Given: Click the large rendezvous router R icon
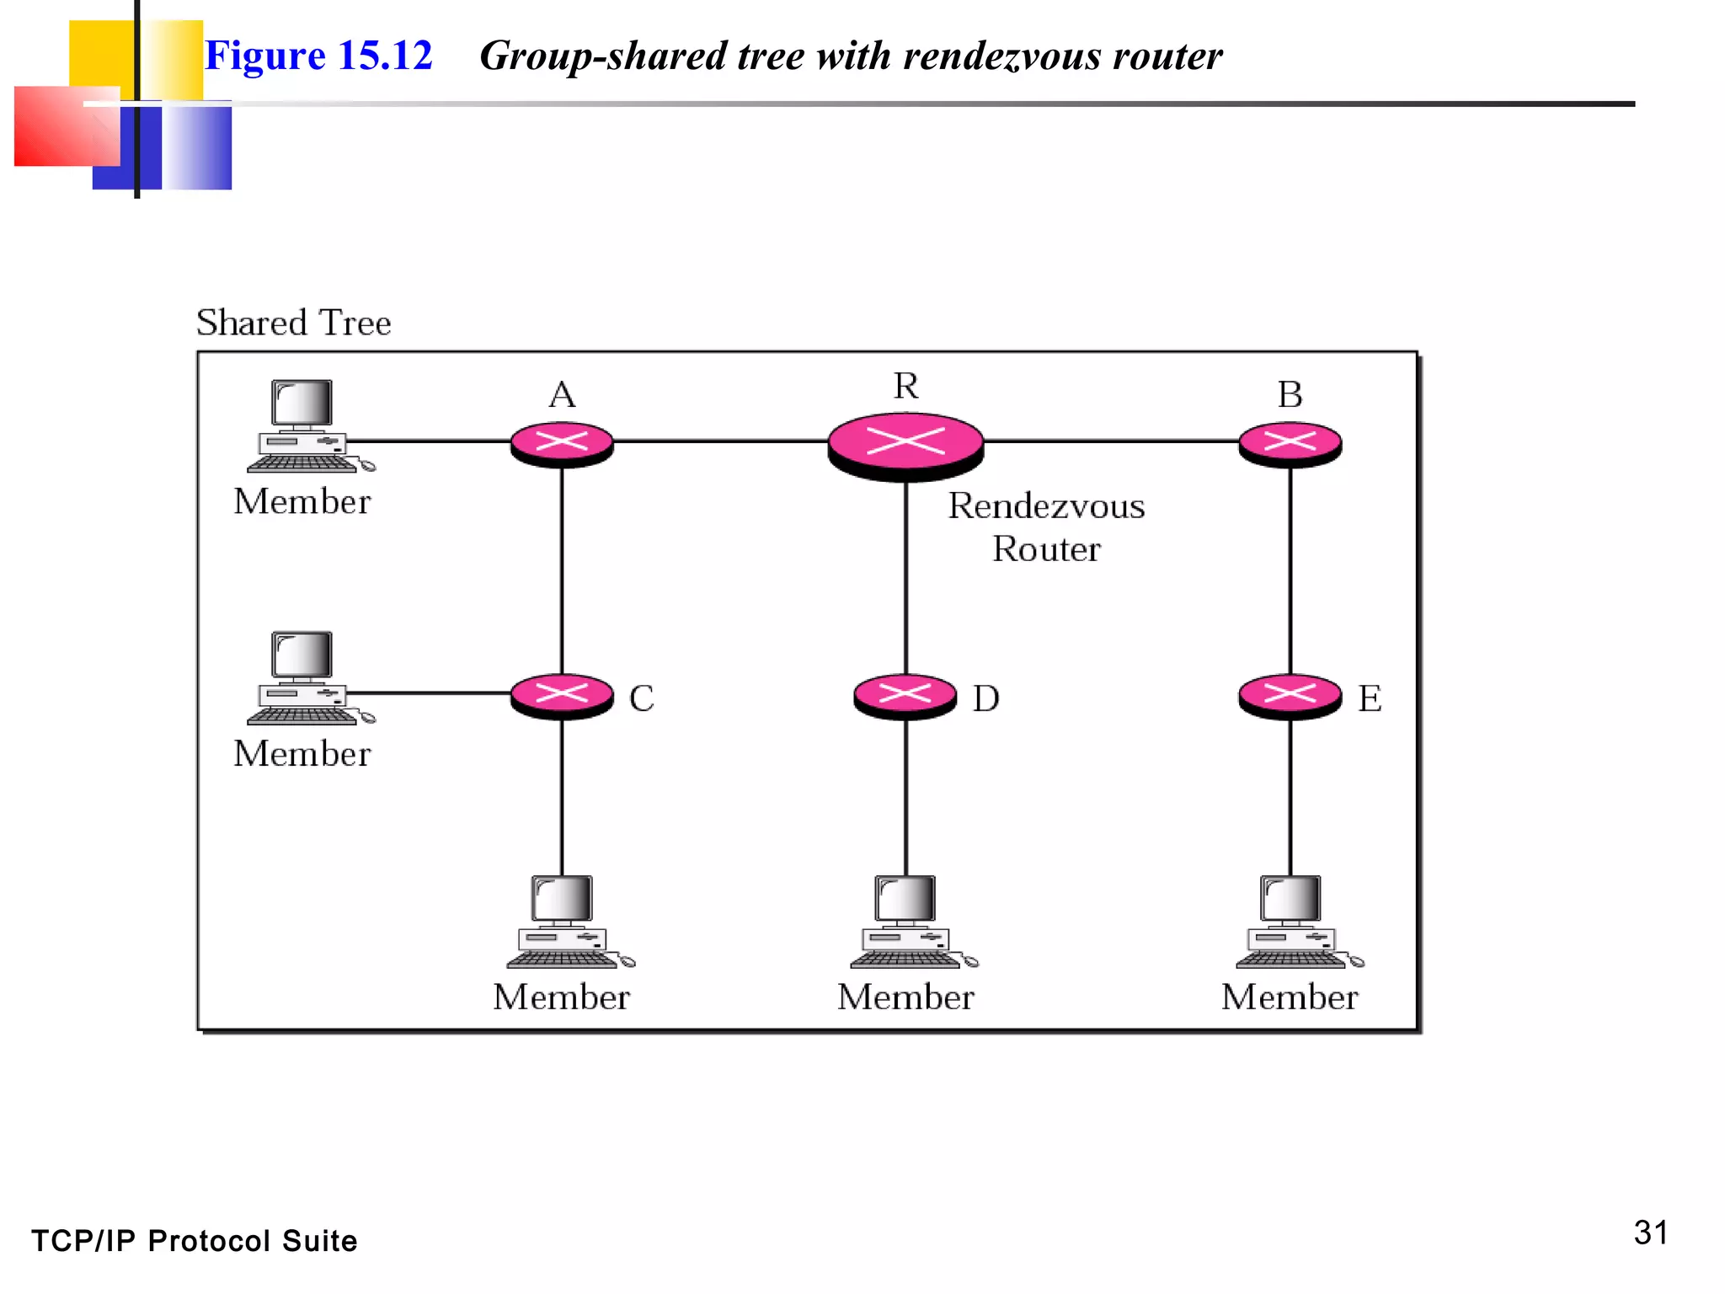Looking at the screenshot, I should pos(905,444).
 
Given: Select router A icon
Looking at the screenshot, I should pos(562,443).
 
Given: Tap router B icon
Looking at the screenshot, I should pos(1290,443).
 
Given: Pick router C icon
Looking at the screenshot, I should pos(562,696).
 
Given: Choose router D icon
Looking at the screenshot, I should pos(905,696).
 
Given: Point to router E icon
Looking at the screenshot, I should pos(1290,696).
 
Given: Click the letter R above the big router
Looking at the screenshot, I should pos(906,386).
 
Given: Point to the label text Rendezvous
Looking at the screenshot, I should pos(1046,506).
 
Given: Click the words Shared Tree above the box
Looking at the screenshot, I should pos(293,323).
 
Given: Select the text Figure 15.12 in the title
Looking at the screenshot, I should pos(318,56).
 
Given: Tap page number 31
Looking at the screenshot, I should pos(1650,1233).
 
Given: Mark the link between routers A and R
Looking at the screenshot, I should pos(720,441).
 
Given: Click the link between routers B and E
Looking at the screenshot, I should pos(1290,569).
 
